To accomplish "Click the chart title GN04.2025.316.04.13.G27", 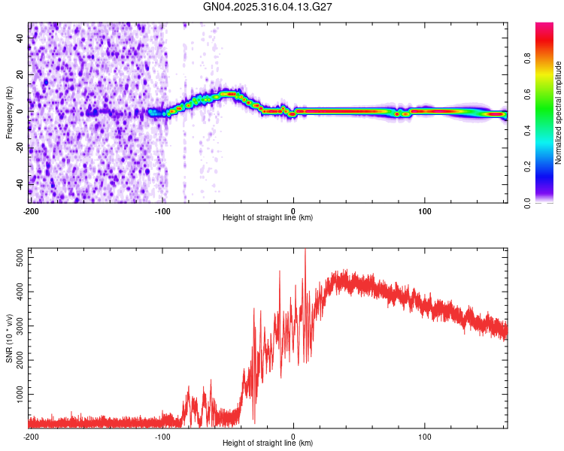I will [x=268, y=7].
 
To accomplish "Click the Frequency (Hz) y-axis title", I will [x=9, y=112].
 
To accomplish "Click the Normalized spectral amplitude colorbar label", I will [x=559, y=113].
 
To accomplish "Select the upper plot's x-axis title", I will [x=268, y=218].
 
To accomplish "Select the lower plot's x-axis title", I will [x=268, y=443].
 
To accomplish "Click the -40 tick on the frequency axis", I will [x=19, y=183].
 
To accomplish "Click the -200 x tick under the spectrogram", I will [x=30, y=210].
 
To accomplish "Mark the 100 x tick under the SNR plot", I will [x=425, y=436].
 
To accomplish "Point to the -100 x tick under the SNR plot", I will [x=162, y=436].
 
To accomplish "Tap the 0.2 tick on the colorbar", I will [x=528, y=167].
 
